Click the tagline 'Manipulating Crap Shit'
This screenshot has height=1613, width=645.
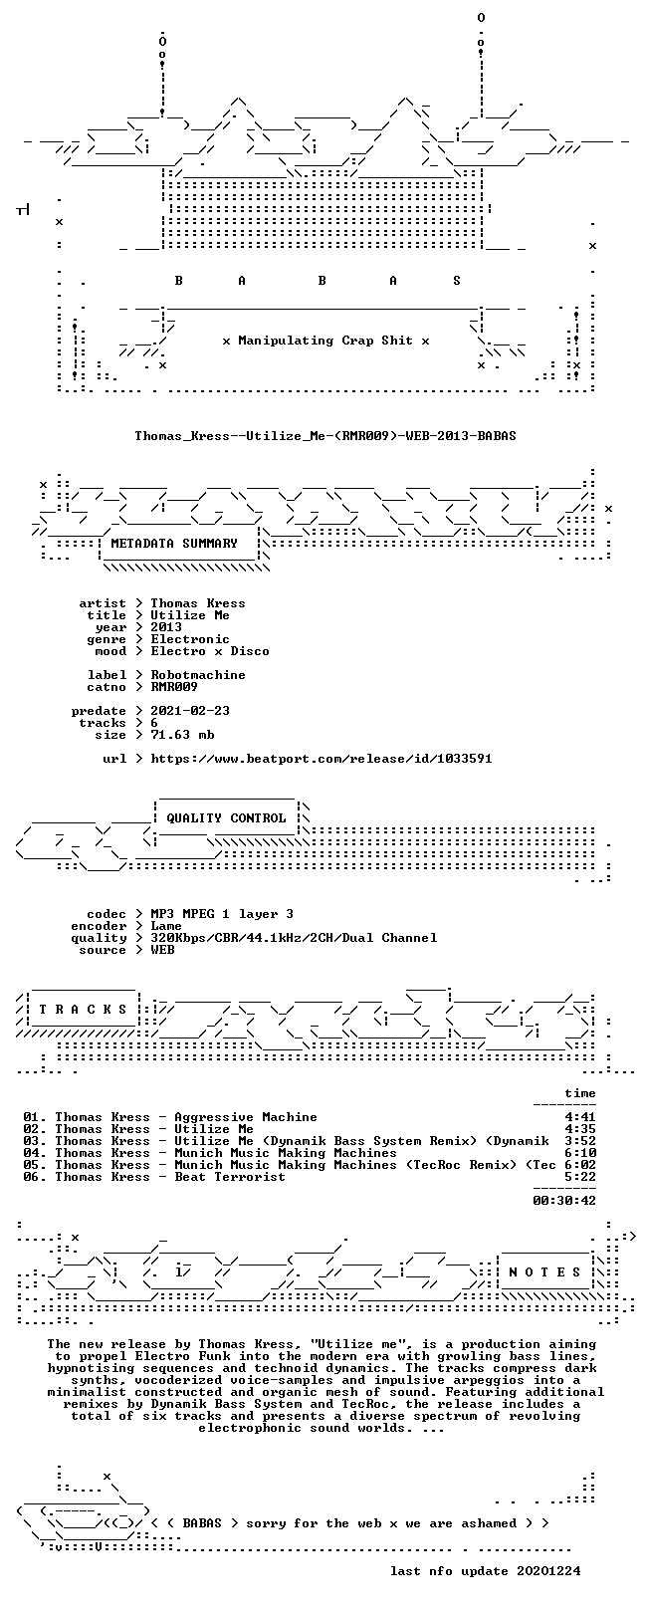325,341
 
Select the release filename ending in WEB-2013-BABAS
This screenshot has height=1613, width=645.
325,436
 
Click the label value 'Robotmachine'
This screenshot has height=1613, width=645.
198,675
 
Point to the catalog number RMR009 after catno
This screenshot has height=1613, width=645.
174,687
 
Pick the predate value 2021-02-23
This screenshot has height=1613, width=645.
190,711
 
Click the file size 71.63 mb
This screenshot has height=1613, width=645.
182,735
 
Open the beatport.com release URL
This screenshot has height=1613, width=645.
322,759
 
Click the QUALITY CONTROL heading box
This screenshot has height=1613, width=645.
226,818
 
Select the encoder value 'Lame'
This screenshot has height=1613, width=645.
166,926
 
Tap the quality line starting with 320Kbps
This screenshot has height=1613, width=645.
294,938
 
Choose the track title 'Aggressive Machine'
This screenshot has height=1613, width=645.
246,1117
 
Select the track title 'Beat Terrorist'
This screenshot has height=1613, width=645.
230,1177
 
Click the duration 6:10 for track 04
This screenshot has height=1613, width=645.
580,1154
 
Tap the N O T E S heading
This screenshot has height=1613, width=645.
544,1272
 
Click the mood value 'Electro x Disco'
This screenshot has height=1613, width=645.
210,652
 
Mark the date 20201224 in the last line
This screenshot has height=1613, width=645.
548,1571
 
